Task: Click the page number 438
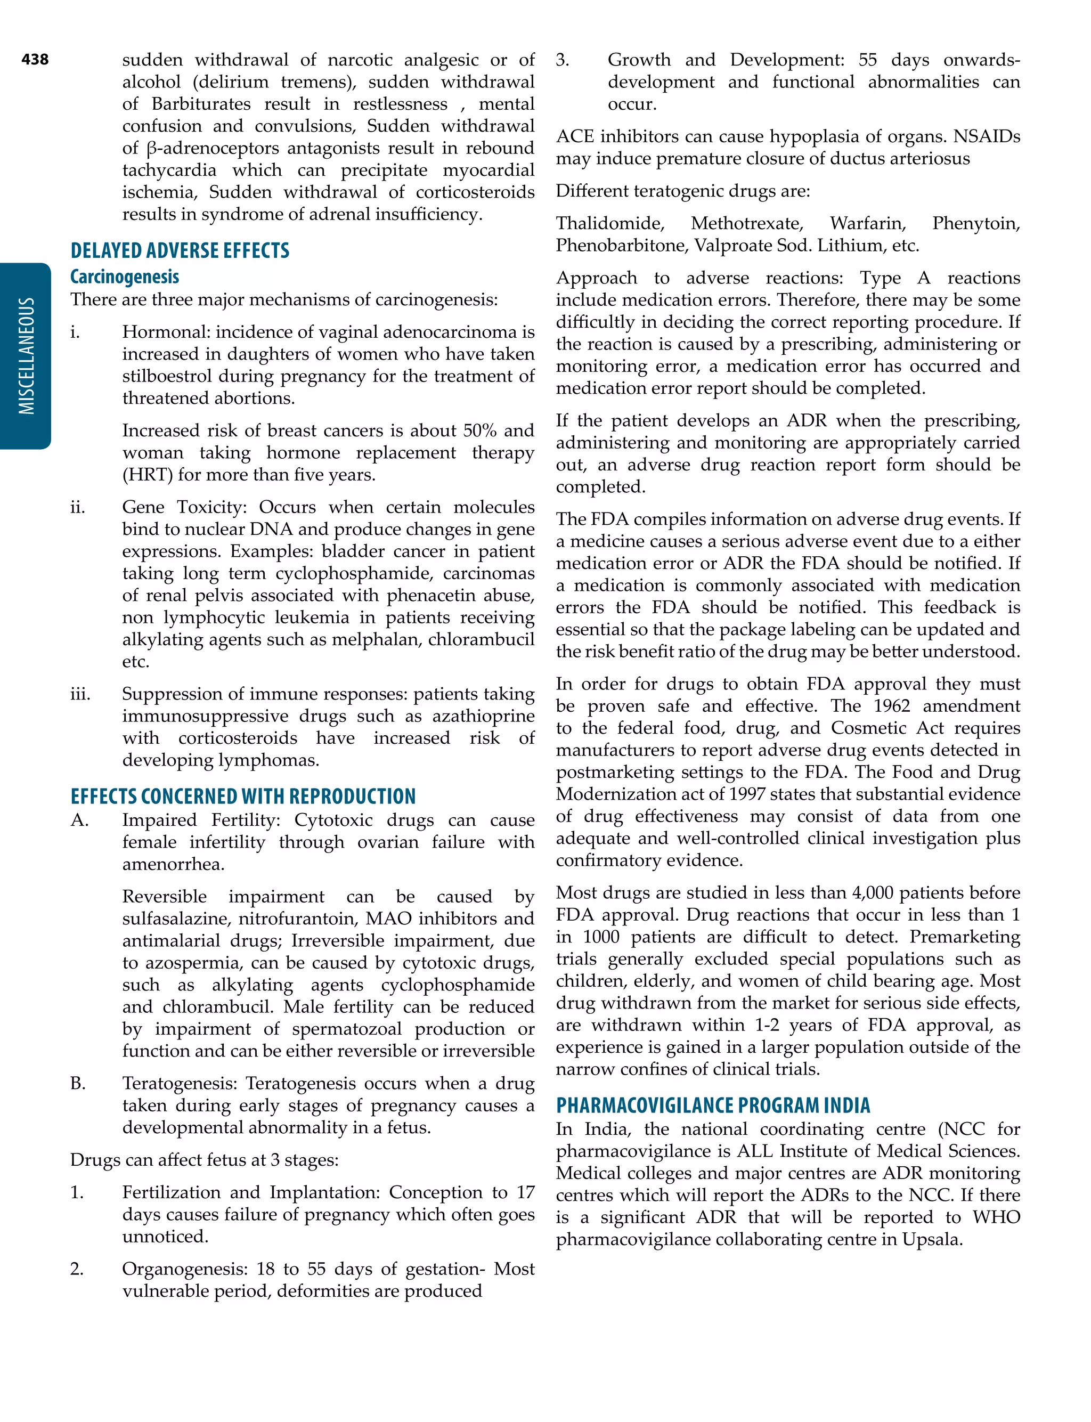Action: tap(35, 60)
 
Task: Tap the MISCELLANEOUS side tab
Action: tap(26, 356)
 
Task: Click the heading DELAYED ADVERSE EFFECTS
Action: tap(180, 250)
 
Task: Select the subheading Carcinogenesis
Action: tap(125, 277)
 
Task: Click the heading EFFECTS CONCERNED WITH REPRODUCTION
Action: tap(243, 797)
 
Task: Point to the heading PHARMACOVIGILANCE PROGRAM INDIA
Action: tap(713, 1106)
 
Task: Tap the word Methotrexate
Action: tap(747, 223)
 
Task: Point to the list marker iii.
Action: tap(80, 694)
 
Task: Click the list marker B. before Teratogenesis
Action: tap(78, 1084)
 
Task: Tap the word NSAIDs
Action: tap(987, 136)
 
